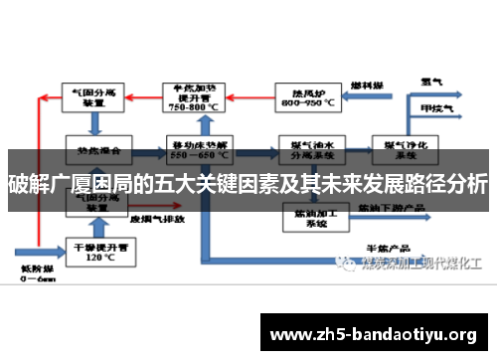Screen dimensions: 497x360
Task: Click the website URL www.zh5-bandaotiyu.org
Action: (374, 332)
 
